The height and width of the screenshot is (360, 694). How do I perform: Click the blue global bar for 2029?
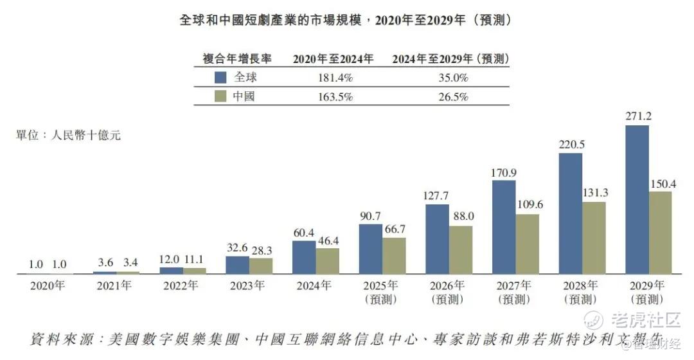pos(637,199)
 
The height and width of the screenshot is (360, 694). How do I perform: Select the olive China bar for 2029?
pos(660,232)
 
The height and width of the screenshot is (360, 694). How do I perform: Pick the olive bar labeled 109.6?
pos(527,244)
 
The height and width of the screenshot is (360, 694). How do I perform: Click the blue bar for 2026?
pos(437,239)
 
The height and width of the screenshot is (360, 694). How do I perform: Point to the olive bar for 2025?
pos(394,255)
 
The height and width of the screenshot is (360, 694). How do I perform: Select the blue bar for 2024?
pos(304,257)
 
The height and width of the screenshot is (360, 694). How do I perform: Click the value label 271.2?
pos(637,117)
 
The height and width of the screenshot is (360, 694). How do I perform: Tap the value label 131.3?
pos(594,192)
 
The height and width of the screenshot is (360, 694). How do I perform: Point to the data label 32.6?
pos(237,248)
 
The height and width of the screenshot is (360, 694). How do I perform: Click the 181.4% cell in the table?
pos(333,78)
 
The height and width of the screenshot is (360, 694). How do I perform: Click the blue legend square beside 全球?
pos(220,78)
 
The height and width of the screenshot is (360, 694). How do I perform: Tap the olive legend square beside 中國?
pos(220,97)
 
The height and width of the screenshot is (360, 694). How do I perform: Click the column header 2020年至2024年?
pos(333,59)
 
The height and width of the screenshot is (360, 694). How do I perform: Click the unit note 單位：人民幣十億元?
pos(68,135)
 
